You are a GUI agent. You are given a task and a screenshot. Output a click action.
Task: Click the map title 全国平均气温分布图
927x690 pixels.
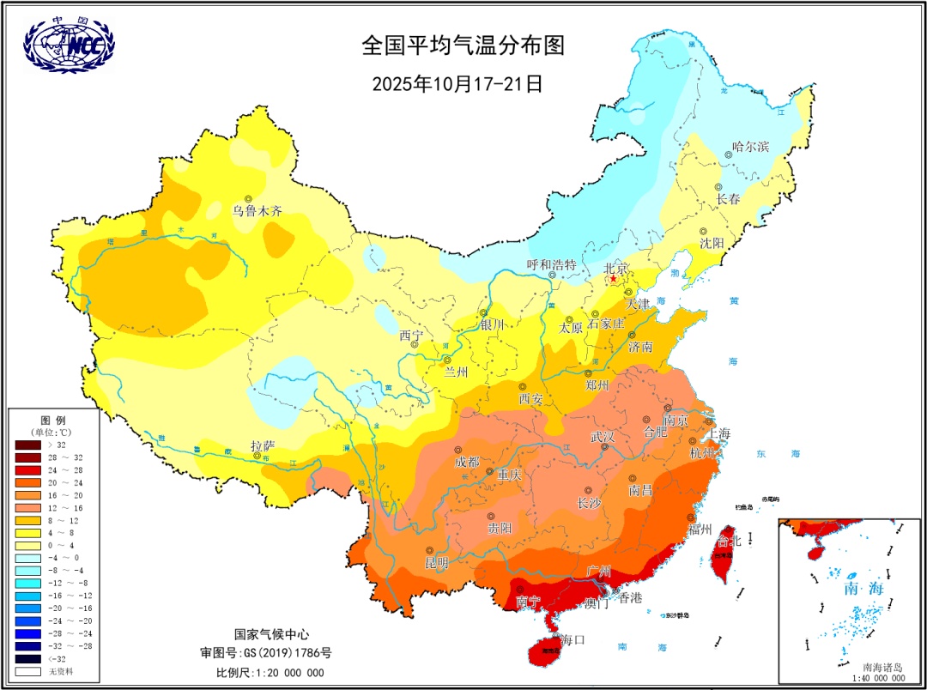[463, 45]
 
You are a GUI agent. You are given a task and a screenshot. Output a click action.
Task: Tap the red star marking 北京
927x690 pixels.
[613, 279]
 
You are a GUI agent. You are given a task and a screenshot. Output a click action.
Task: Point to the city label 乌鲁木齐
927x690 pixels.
[257, 210]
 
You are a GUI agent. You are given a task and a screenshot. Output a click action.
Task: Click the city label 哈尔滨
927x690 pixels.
[750, 146]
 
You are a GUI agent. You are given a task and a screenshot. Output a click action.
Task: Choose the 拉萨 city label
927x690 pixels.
[263, 445]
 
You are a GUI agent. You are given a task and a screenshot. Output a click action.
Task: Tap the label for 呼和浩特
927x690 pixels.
[551, 264]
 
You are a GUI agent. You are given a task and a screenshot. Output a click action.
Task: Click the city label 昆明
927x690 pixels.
[437, 563]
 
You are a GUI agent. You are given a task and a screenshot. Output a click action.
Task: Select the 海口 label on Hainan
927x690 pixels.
[573, 640]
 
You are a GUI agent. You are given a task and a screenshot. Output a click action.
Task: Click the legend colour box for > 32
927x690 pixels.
[27, 445]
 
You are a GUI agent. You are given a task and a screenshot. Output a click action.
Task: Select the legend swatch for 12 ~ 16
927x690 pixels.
[27, 507]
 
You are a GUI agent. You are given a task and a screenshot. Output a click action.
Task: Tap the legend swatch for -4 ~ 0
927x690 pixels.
[27, 558]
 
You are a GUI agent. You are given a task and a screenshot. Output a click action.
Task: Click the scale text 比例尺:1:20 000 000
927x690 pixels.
[270, 672]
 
